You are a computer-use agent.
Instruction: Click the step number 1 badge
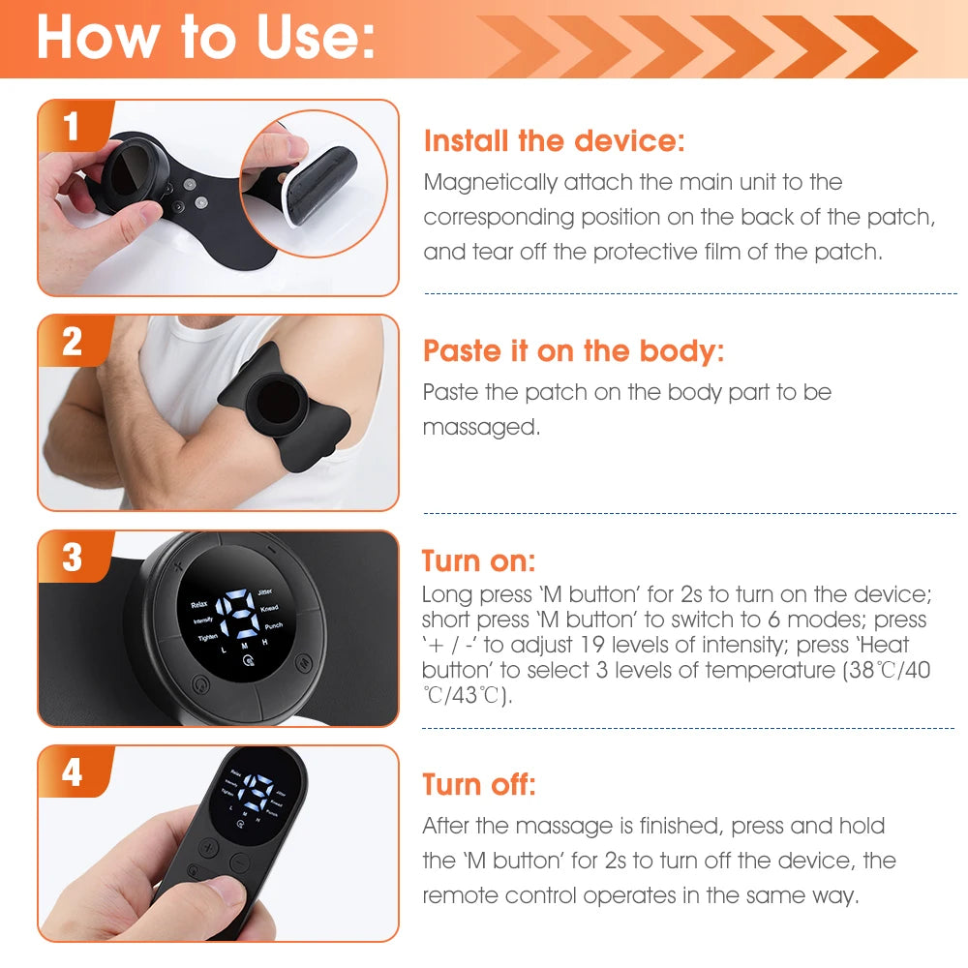click(71, 128)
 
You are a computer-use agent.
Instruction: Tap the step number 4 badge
click(72, 772)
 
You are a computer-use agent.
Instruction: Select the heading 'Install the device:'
click(554, 141)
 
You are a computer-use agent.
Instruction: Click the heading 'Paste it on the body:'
click(573, 350)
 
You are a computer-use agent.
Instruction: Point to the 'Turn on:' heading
click(478, 561)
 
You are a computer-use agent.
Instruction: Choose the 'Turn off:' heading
click(478, 784)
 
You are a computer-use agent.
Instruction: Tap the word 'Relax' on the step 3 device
click(198, 603)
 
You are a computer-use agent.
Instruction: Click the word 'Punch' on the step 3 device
click(273, 626)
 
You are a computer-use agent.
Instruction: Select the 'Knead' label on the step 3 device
click(269, 608)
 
